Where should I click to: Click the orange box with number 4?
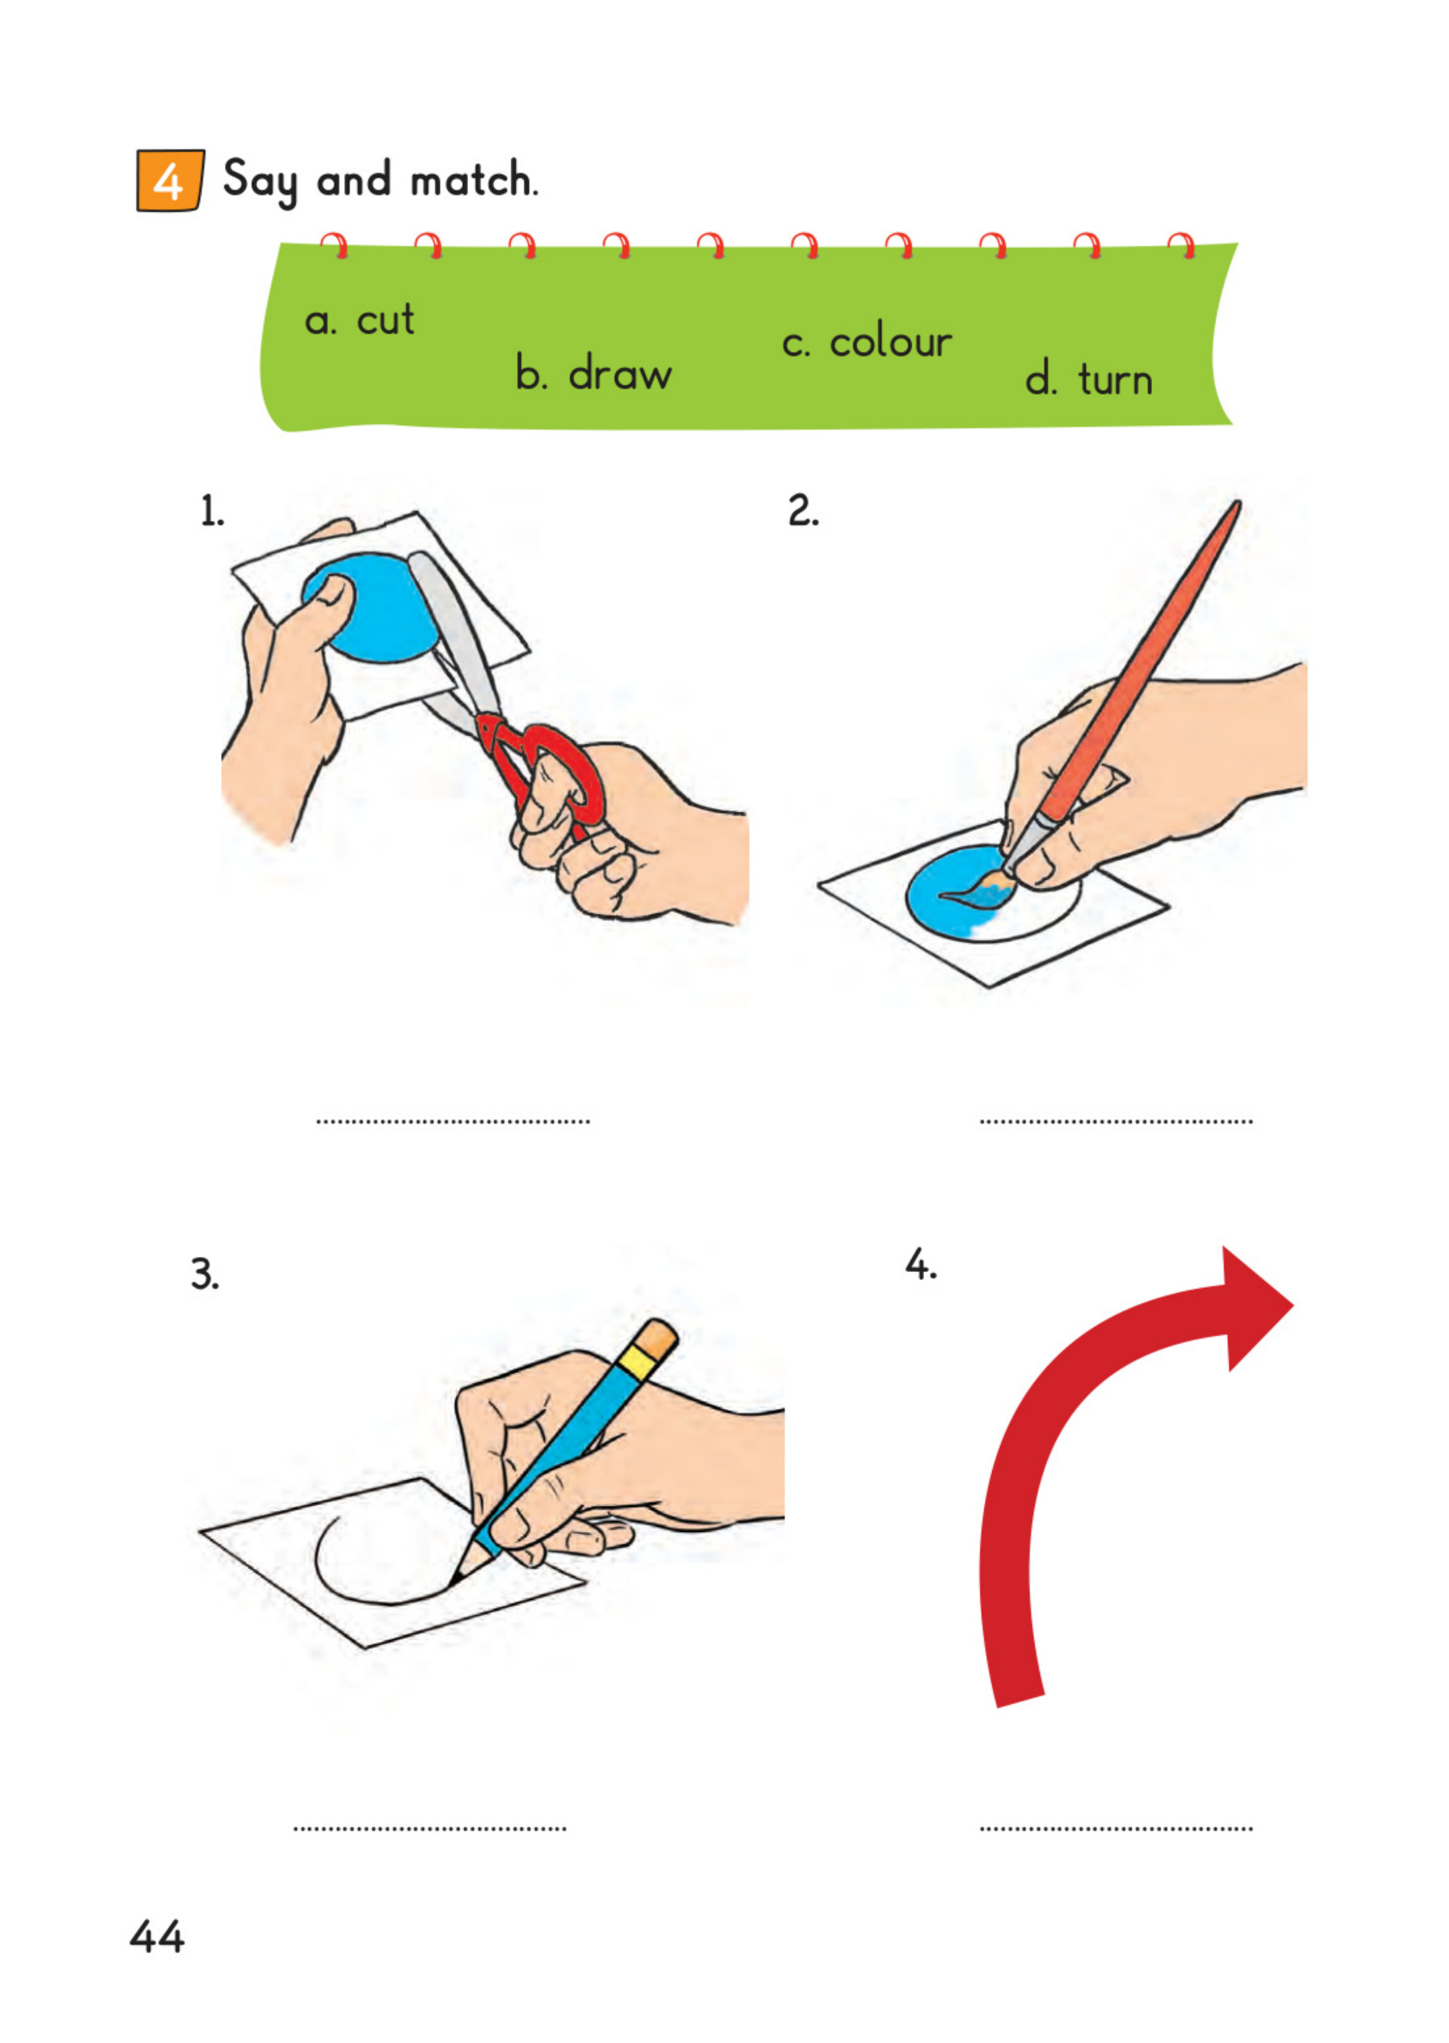(169, 181)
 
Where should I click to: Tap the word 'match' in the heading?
(472, 181)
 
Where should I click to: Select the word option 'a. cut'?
(360, 320)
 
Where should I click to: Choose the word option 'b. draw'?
(593, 373)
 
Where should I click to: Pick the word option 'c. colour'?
(866, 342)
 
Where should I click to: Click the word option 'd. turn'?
(1088, 379)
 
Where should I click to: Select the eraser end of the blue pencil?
(659, 1338)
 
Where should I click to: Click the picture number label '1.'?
(212, 512)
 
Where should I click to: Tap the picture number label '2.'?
(803, 511)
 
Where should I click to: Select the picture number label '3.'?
(204, 1274)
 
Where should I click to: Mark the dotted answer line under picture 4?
(1115, 1828)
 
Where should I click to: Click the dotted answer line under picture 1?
(453, 1121)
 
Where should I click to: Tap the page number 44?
(157, 1936)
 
